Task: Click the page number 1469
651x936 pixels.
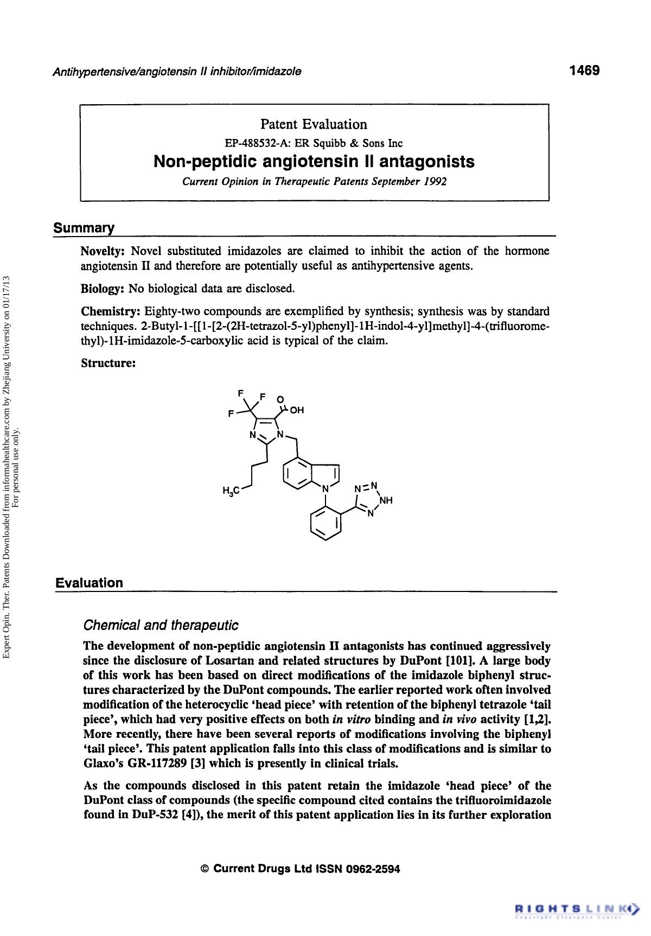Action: [x=584, y=71]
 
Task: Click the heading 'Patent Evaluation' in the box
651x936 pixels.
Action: [x=314, y=125]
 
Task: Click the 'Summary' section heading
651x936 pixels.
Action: [x=84, y=228]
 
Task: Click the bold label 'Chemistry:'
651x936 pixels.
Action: [x=111, y=311]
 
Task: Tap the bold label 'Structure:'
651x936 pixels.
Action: [x=108, y=363]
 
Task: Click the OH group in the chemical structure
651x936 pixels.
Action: [x=297, y=410]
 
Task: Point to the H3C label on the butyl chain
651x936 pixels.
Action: [x=230, y=492]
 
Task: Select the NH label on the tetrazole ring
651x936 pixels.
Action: [x=386, y=500]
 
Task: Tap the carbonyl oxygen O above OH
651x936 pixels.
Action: [x=280, y=400]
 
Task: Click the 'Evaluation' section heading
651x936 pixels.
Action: [x=90, y=583]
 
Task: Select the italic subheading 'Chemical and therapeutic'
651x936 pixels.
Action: [x=161, y=626]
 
